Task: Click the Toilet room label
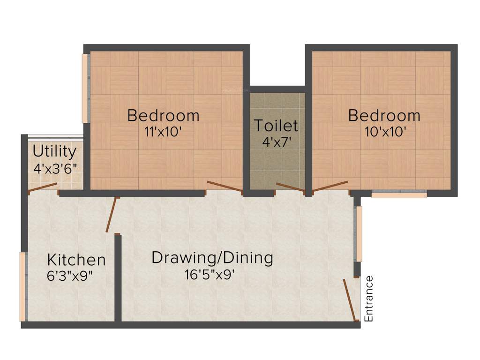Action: coord(276,126)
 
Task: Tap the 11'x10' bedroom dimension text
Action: coord(163,132)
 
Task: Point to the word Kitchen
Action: coord(76,260)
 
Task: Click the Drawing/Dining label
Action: coord(212,258)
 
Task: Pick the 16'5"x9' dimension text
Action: coord(210,274)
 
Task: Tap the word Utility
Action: coord(54,151)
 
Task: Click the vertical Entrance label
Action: coord(369,299)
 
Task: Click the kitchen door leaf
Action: coord(111,215)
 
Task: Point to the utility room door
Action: coord(43,188)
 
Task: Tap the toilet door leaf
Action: coord(290,187)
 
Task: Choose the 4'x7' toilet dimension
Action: coord(276,142)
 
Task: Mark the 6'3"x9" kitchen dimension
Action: coord(70,276)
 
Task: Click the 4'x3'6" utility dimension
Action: coord(55,168)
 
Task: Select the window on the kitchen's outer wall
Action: coord(22,286)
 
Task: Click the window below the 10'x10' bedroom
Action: coord(399,194)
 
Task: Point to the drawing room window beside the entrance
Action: coord(359,233)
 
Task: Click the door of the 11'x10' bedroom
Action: coord(225,186)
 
